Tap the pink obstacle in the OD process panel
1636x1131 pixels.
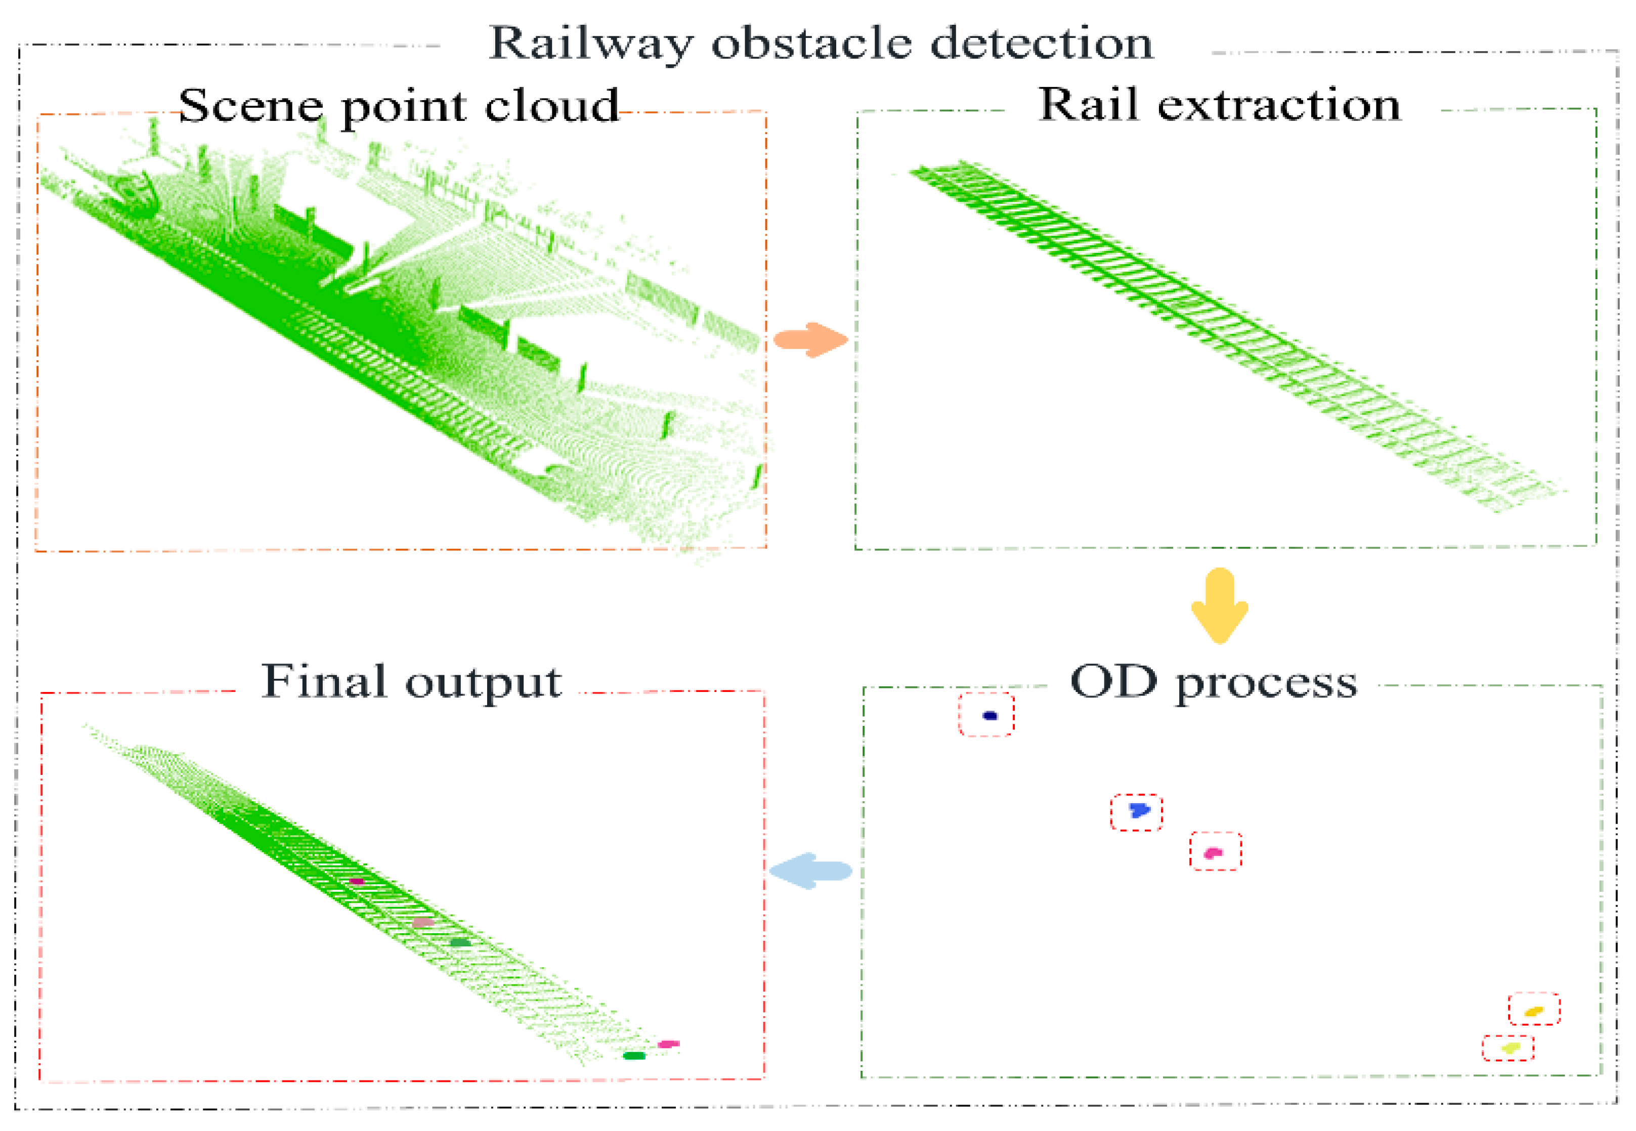point(1213,852)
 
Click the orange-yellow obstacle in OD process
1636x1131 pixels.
point(1533,1011)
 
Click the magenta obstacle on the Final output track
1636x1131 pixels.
point(357,882)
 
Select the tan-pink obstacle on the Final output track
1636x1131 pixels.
point(422,923)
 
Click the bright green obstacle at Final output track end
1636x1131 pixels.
point(634,1056)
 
